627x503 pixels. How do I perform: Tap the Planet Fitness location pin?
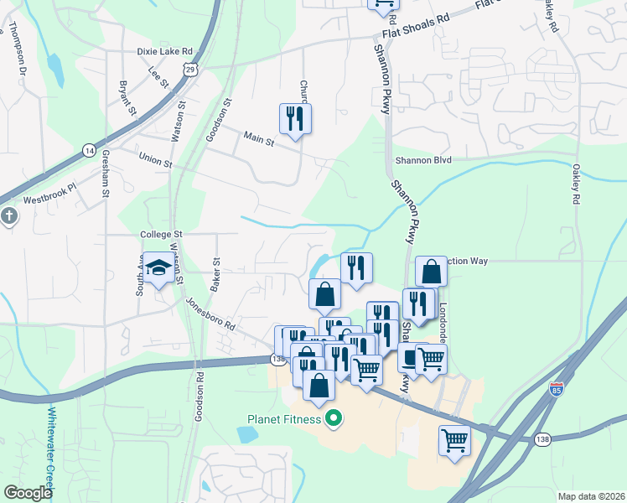[x=334, y=417]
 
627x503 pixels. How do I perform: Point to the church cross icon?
[x=8, y=216]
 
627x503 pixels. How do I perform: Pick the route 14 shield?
[x=89, y=149]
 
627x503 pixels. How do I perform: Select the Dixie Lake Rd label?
[x=164, y=50]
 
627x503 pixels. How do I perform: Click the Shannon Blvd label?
[x=423, y=159]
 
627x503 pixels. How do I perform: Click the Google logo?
[x=28, y=492]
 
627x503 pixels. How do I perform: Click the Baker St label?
[x=215, y=274]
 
